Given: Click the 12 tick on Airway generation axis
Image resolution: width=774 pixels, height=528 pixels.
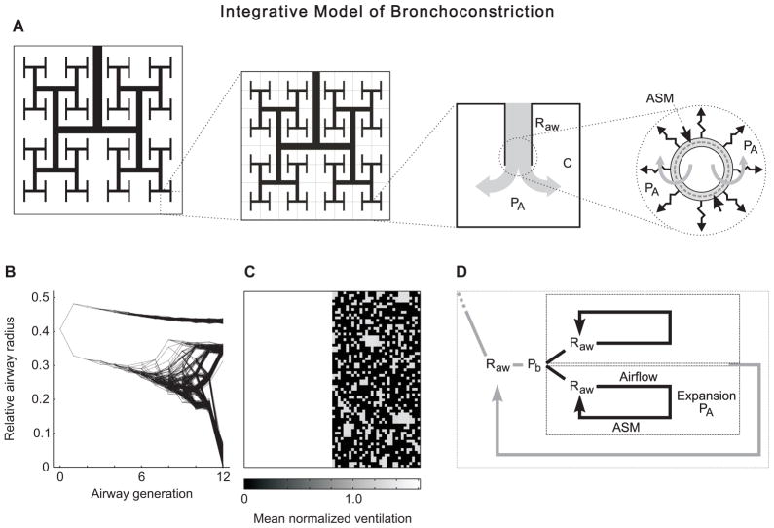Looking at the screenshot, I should (223, 480).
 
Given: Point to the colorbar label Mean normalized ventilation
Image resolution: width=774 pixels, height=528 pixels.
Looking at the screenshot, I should (331, 517).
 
